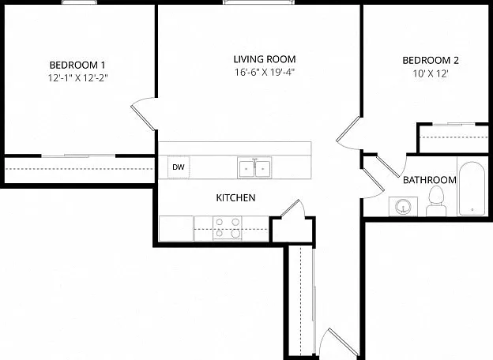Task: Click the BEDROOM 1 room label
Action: pos(77,65)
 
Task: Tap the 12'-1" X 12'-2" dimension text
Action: pos(77,78)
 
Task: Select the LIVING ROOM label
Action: pos(265,59)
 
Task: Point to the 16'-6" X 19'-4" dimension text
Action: pos(265,73)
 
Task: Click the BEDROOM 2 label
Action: pos(431,60)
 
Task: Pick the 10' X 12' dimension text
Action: pos(431,74)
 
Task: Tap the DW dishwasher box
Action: pos(179,167)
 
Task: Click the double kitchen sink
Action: pos(254,167)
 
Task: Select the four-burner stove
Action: pos(228,228)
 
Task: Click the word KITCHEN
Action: pos(235,198)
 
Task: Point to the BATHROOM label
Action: pos(430,180)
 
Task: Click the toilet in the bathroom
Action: pos(436,201)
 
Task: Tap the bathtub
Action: pos(472,189)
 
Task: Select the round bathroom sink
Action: pos(403,206)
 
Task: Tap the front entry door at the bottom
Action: pos(342,342)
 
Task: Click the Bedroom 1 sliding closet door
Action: pos(78,156)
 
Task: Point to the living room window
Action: pos(259,2)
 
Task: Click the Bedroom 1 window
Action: pos(79,2)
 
